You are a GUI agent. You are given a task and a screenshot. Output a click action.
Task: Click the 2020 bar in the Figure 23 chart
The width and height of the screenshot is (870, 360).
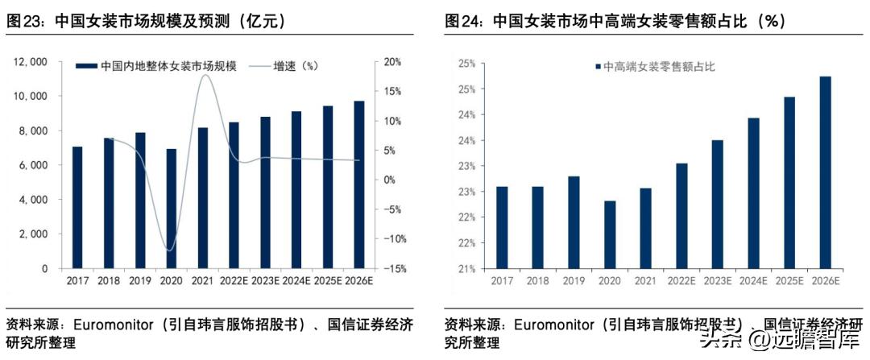[171, 209]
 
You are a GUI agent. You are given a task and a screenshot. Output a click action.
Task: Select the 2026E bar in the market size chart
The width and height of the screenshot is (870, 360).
[358, 184]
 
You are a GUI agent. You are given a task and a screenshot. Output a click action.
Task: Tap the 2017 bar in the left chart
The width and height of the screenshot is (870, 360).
[77, 208]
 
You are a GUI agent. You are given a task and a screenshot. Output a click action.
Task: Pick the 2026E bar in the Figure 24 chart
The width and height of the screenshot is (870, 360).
[825, 172]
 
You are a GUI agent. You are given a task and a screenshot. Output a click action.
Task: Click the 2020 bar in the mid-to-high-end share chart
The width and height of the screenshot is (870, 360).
[609, 234]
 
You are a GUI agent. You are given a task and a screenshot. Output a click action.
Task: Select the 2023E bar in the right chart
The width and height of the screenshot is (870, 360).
[717, 205]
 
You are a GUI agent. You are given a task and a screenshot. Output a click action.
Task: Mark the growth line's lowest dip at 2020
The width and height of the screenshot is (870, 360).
[170, 250]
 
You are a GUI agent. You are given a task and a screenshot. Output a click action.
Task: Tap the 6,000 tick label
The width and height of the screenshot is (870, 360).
[31, 165]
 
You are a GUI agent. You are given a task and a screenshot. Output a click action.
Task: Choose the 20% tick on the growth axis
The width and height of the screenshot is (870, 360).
[392, 62]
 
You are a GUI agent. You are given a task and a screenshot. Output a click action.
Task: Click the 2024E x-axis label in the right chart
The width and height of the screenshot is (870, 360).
[753, 280]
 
